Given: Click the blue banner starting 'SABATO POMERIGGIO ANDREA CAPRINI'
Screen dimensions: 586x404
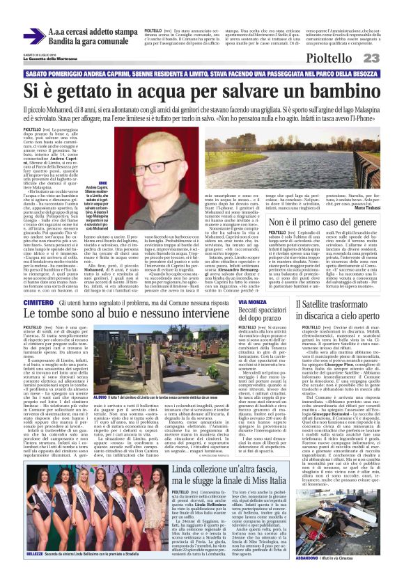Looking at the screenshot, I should (x=201, y=73).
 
